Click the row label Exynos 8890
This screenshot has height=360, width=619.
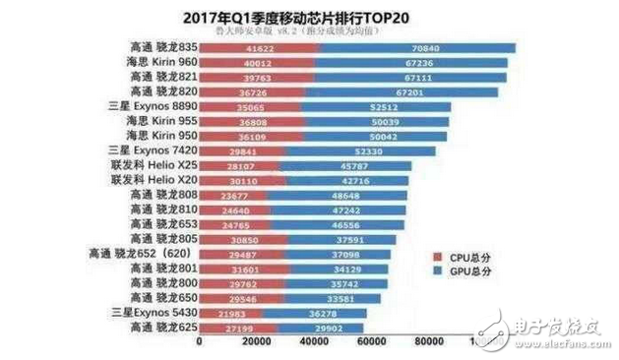[x=155, y=106]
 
